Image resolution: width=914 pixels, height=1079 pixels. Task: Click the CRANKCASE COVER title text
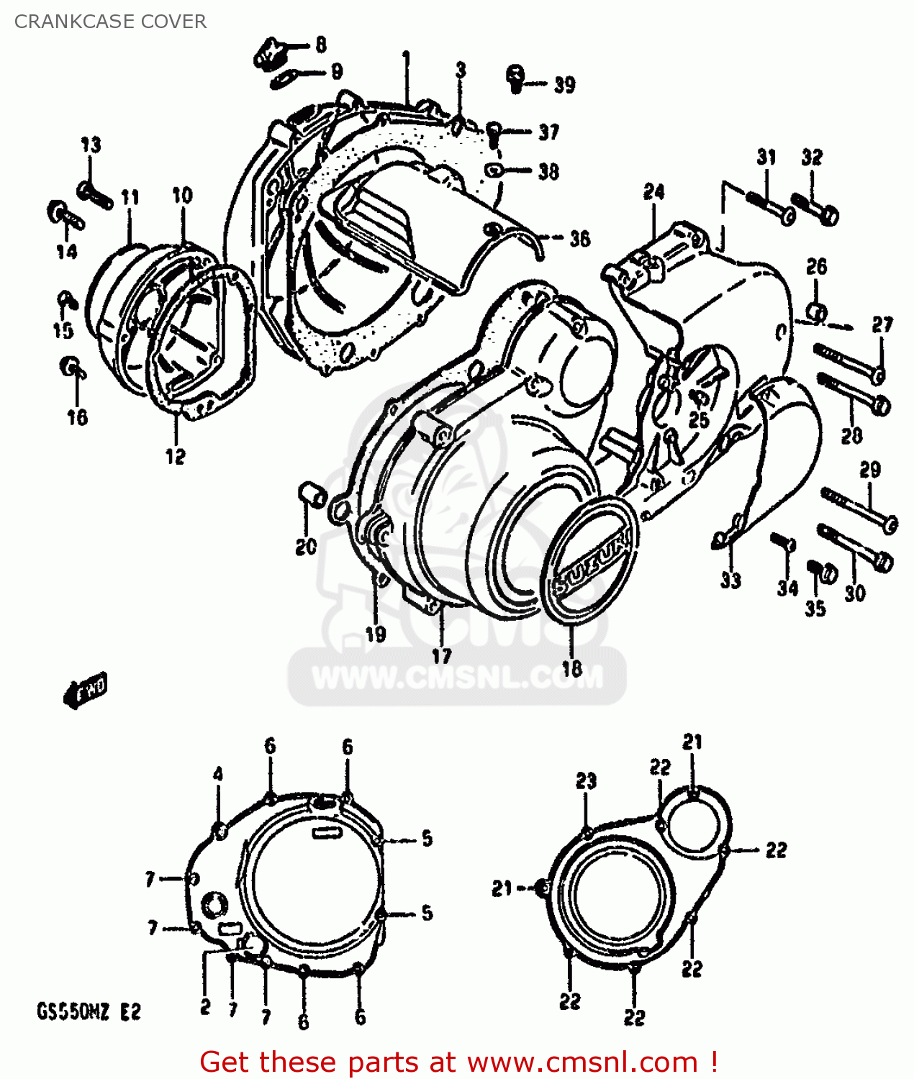pyautogui.click(x=110, y=22)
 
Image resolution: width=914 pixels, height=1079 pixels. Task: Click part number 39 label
pyautogui.click(x=564, y=85)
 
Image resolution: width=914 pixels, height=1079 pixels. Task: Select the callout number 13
pyautogui.click(x=91, y=145)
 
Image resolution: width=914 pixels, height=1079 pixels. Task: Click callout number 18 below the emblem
pyautogui.click(x=571, y=668)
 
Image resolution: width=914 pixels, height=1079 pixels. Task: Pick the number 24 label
pyautogui.click(x=653, y=192)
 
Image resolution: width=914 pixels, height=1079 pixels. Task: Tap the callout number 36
pyautogui.click(x=579, y=239)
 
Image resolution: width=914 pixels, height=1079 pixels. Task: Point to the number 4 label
pyautogui.click(x=218, y=775)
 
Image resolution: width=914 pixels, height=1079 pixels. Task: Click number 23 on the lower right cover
pyautogui.click(x=586, y=781)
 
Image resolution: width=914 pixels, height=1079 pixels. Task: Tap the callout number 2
pyautogui.click(x=205, y=1006)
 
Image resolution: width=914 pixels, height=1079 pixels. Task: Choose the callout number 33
pyautogui.click(x=730, y=580)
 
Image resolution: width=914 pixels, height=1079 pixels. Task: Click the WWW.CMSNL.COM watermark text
pyautogui.click(x=457, y=678)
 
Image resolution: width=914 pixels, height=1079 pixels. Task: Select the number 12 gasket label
pyautogui.click(x=176, y=457)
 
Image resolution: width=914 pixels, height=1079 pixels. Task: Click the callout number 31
pyautogui.click(x=766, y=157)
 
